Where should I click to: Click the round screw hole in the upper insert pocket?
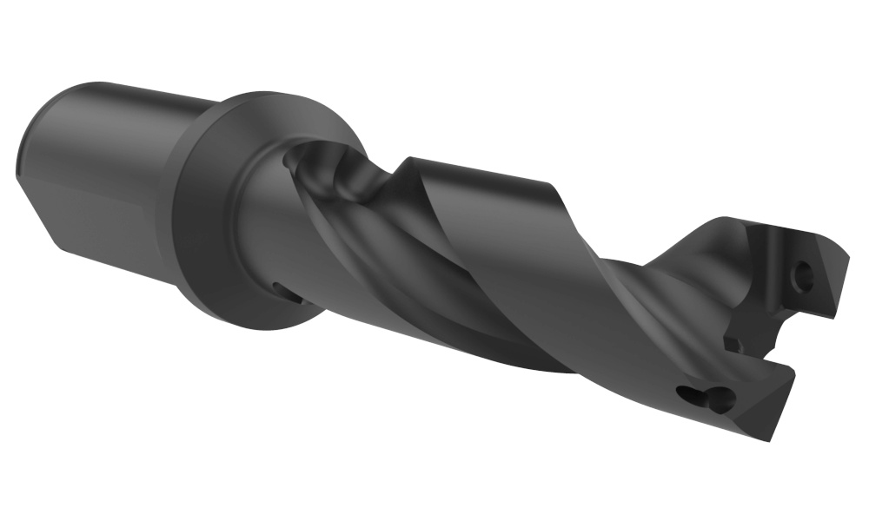[x=806, y=275]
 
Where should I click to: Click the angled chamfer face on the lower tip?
[x=765, y=408]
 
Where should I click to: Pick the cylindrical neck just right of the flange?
[x=261, y=217]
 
